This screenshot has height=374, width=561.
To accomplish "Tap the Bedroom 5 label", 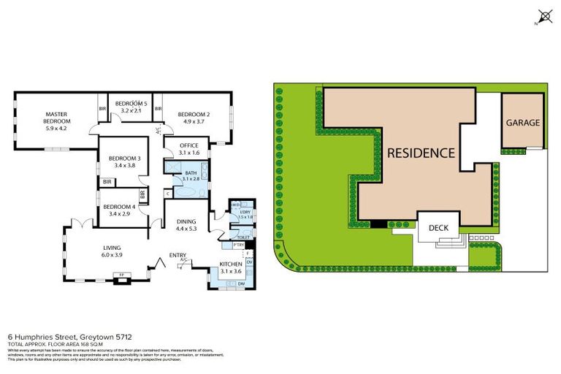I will [x=131, y=104].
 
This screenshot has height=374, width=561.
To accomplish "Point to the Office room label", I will [x=189, y=145].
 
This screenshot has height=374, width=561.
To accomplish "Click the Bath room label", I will [x=191, y=172].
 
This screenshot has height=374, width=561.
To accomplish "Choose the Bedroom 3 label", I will [x=124, y=159].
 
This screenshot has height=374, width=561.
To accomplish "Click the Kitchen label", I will [x=230, y=264].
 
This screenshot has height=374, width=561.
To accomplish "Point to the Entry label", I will [x=178, y=254].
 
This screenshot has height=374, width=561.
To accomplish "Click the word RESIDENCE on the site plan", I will [x=421, y=153].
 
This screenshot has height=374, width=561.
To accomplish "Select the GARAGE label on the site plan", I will [x=522, y=123].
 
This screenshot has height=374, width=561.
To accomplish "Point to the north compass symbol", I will [x=543, y=16].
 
